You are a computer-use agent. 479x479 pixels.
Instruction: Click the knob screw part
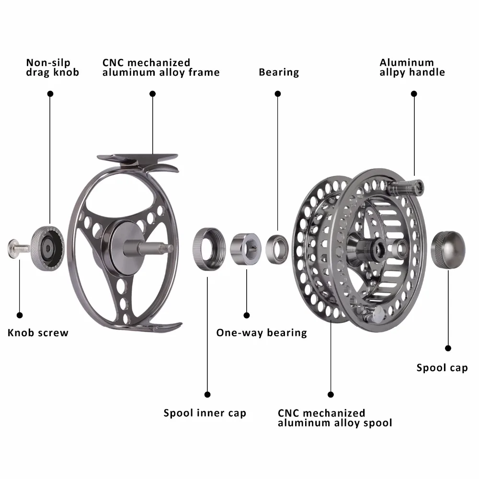click(18, 248)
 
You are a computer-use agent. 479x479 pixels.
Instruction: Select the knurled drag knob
click(47, 248)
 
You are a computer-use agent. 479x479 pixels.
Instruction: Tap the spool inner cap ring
click(209, 249)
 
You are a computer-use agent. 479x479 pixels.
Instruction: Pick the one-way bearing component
click(246, 249)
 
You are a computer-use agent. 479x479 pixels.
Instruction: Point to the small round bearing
click(277, 249)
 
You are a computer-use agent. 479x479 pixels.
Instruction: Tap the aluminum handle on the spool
click(406, 188)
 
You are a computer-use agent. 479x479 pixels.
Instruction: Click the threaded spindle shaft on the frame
click(148, 248)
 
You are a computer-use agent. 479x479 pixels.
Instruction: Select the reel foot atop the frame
click(138, 162)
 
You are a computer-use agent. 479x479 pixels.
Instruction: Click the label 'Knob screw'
click(38, 333)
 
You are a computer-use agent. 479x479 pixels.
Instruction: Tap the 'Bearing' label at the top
click(279, 72)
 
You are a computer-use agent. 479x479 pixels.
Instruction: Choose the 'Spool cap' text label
click(442, 368)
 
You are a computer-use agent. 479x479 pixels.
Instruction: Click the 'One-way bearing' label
click(262, 333)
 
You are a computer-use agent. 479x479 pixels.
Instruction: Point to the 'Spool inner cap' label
click(205, 413)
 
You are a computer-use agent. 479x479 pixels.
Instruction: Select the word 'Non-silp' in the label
click(48, 63)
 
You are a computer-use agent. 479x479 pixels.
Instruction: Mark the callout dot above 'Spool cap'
click(448, 348)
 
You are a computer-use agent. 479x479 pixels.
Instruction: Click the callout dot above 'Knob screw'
click(20, 315)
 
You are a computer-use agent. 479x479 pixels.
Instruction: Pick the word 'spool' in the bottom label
click(377, 423)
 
